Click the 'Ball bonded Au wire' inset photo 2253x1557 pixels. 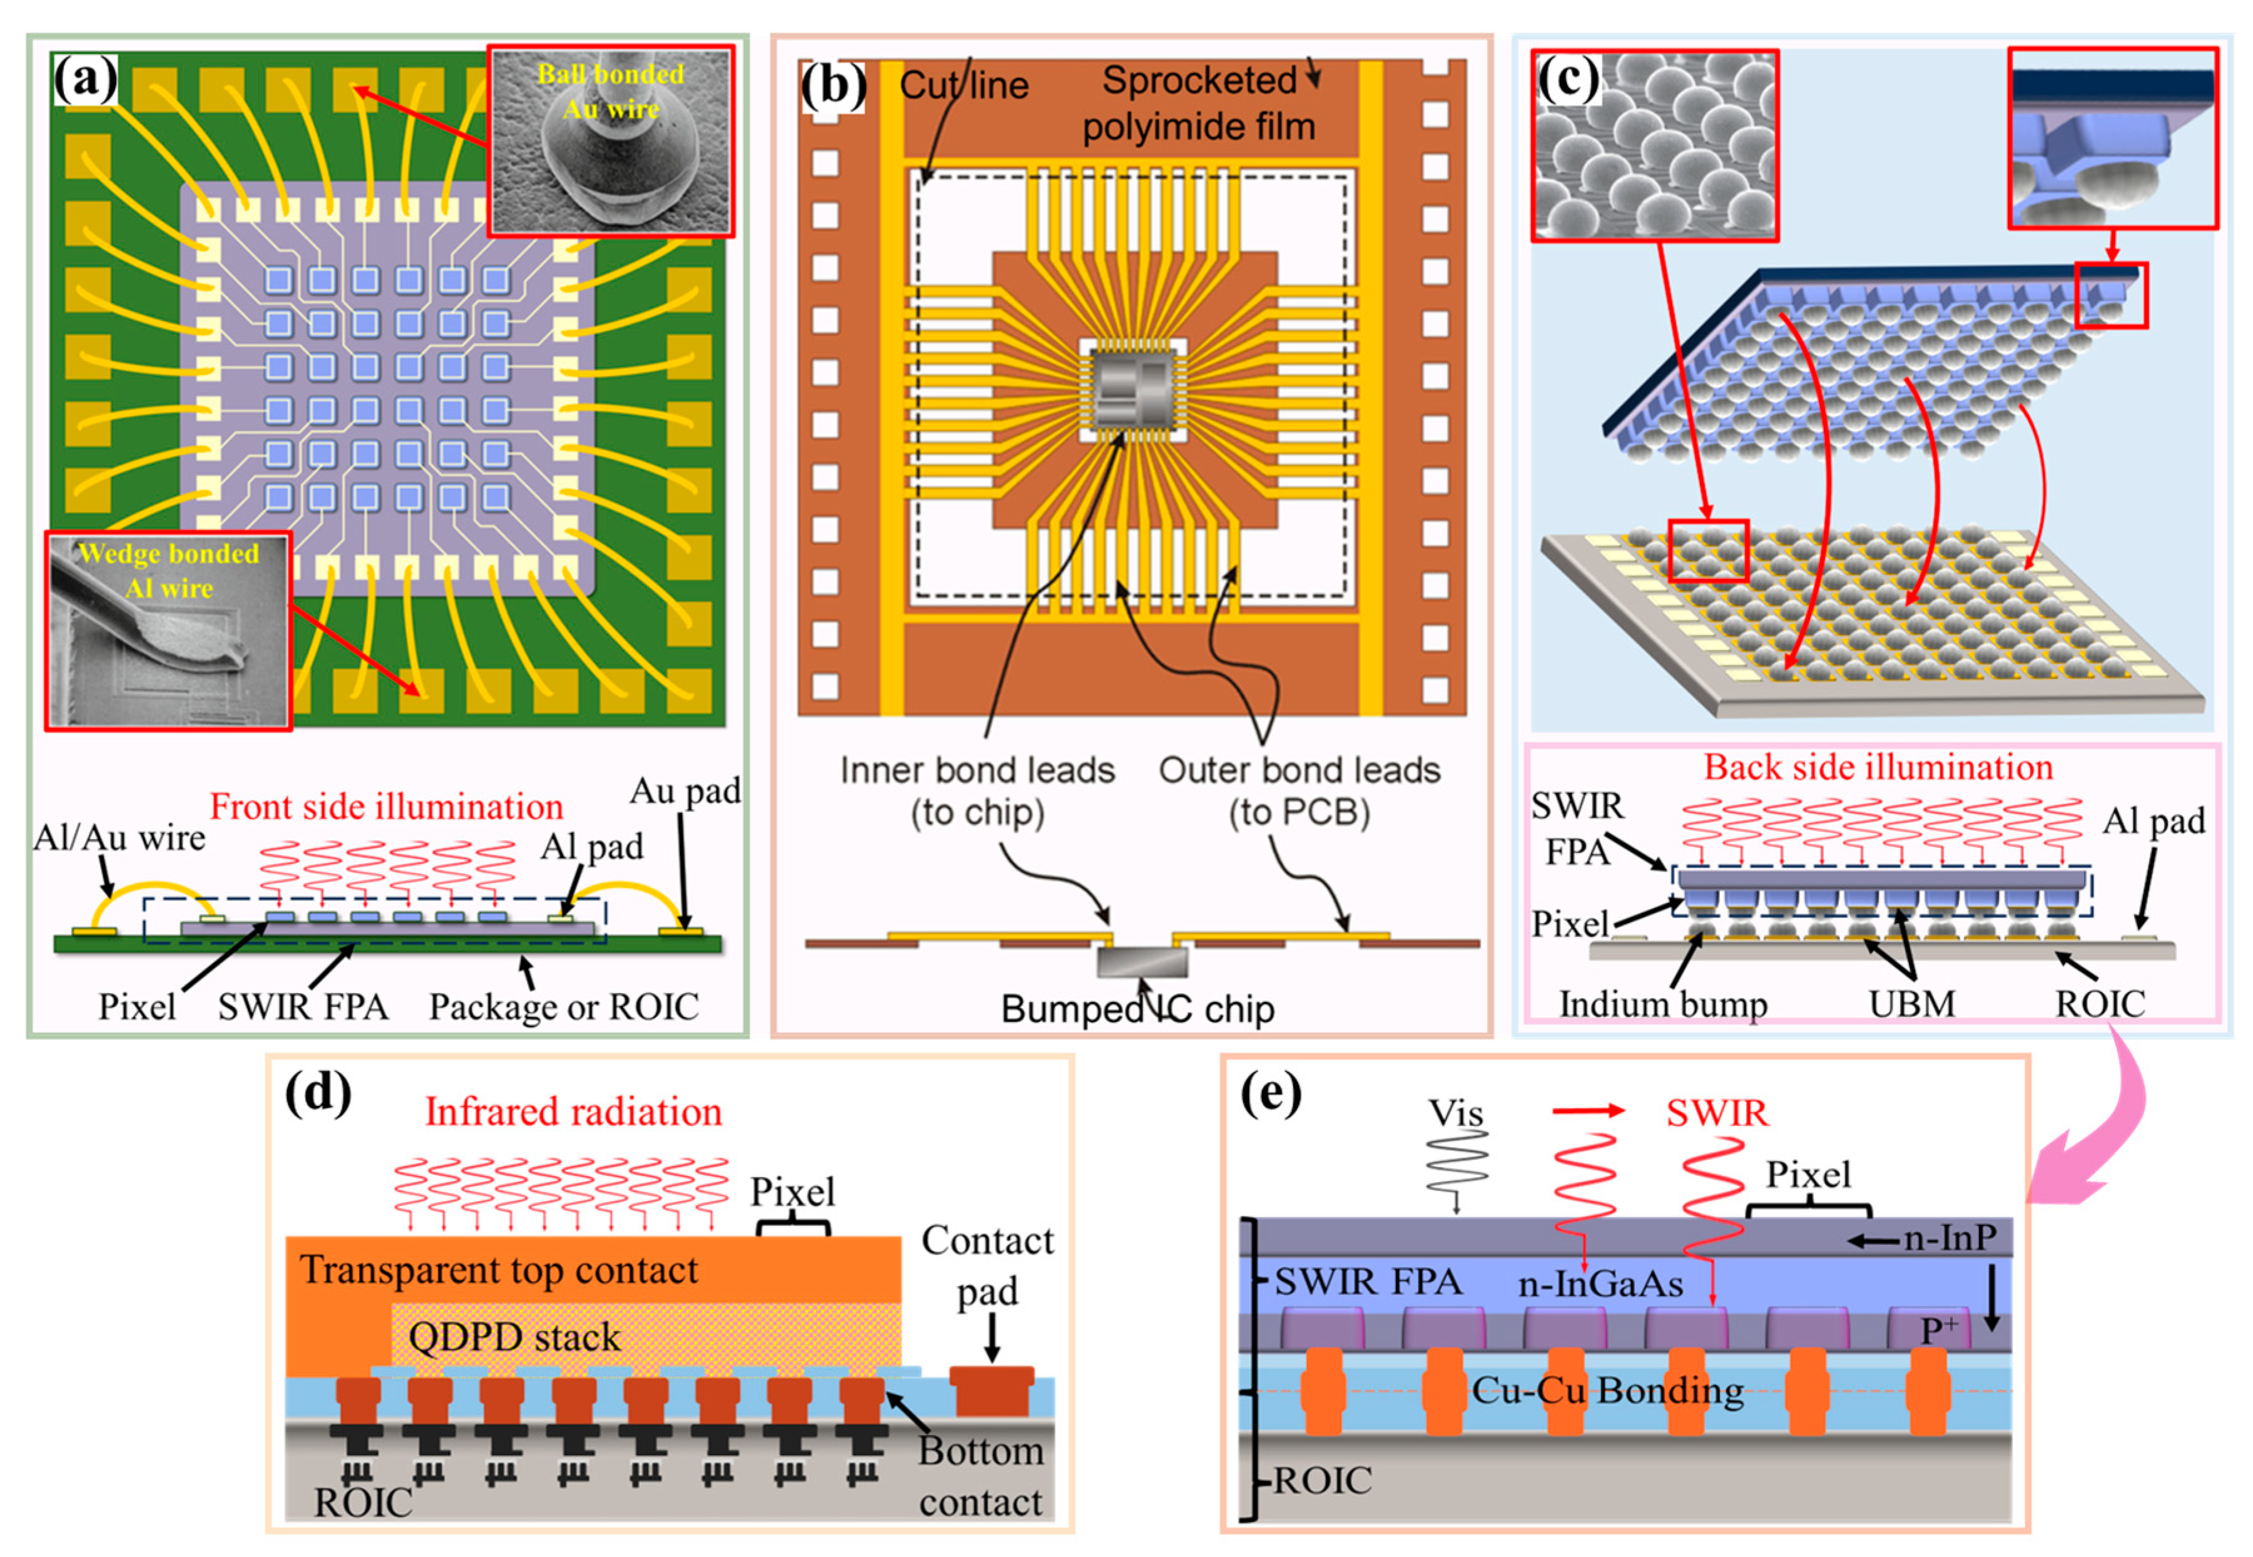coord(611,143)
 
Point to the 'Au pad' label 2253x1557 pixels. coord(684,790)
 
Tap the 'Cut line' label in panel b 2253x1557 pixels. coord(964,86)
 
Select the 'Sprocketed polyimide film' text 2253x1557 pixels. coord(1199,103)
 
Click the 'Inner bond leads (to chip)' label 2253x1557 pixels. coord(977,791)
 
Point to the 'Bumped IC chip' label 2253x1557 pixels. coord(1137,1009)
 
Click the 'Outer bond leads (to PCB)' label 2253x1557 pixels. coord(1299,791)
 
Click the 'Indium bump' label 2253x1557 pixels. coord(1663,1004)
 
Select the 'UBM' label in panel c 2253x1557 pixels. coord(1911,1004)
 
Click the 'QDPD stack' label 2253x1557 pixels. coord(514,1337)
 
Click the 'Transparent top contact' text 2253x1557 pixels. coord(499,1270)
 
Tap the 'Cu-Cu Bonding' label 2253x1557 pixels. coord(1607,1389)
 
